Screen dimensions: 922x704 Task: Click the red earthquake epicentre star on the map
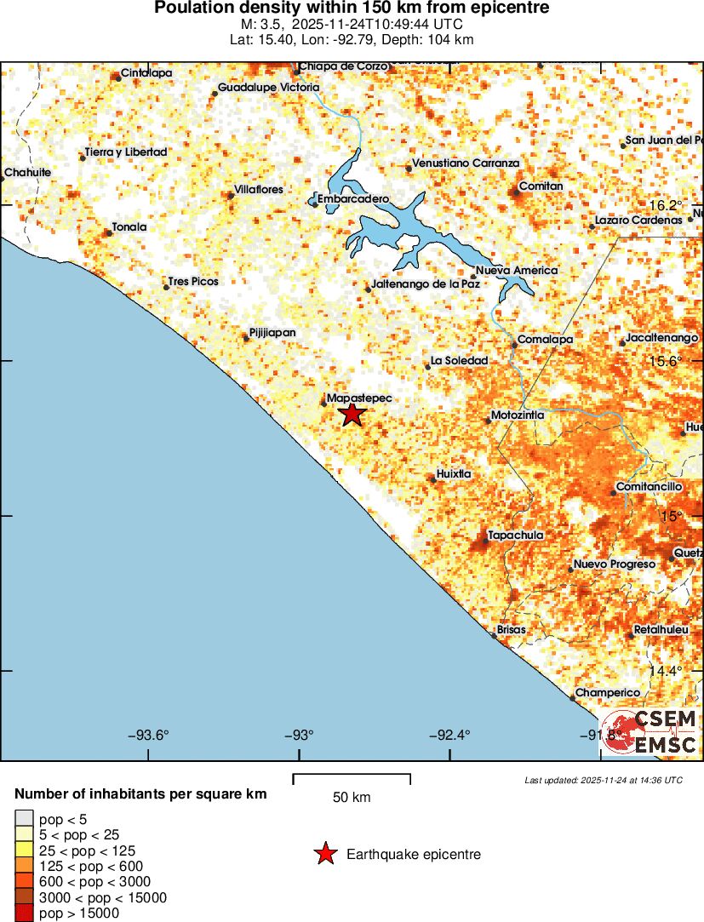pos(352,415)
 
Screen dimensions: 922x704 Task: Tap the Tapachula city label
pos(514,535)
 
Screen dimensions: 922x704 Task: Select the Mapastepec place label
pos(359,398)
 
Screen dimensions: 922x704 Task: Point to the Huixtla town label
pos(453,474)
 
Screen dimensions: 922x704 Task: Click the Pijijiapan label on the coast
pos(272,333)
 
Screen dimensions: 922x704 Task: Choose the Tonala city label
pos(129,227)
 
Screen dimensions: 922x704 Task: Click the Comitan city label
pos(541,186)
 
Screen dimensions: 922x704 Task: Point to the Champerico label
pos(607,693)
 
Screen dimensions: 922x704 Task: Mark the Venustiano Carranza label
pos(465,163)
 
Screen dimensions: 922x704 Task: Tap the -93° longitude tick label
pos(300,736)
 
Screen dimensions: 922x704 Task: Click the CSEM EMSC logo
pos(652,731)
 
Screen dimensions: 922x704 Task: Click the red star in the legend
pos(325,854)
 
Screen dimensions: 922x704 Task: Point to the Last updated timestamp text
pos(603,780)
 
